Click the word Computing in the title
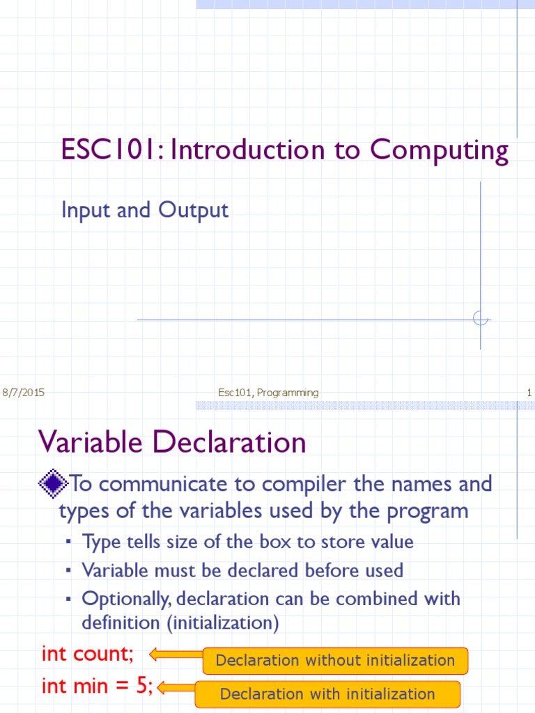click(439, 150)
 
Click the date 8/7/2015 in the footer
click(24, 393)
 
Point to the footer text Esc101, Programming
click(268, 393)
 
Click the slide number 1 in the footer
click(529, 393)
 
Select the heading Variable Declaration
click(172, 442)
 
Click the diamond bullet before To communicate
click(53, 482)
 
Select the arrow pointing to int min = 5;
click(176, 688)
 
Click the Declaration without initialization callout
click(335, 660)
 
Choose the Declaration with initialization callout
click(327, 694)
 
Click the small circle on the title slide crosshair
click(480, 319)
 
